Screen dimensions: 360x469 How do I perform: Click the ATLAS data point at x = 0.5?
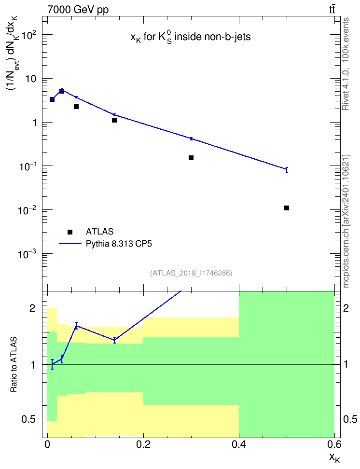[x=287, y=208]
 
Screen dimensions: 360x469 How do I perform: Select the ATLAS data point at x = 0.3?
[x=191, y=158]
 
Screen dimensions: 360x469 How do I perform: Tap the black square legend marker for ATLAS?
[x=70, y=232]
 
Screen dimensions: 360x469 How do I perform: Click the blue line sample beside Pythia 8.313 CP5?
[x=70, y=244]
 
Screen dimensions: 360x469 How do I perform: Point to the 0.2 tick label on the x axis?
[x=143, y=445]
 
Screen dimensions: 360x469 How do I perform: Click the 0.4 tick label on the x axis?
[x=239, y=445]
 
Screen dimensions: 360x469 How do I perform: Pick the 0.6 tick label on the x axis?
[x=334, y=445]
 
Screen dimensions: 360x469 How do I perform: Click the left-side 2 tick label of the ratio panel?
[x=32, y=308]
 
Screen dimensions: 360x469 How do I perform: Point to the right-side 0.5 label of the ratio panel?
[x=350, y=420]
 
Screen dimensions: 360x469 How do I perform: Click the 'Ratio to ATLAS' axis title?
[x=14, y=365]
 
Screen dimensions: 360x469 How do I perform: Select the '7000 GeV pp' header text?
[x=78, y=10]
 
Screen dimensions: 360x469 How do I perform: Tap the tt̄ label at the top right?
[x=332, y=10]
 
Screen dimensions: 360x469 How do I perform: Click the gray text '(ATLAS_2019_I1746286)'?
[x=191, y=273]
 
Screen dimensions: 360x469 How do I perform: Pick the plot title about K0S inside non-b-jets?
[x=191, y=37]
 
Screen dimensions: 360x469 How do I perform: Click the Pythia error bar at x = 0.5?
[x=287, y=169]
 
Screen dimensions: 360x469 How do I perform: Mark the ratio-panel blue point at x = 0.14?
[x=114, y=340]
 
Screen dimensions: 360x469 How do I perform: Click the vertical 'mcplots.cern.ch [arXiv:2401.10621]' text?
[x=346, y=221]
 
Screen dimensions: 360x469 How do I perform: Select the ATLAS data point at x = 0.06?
[x=76, y=107]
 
